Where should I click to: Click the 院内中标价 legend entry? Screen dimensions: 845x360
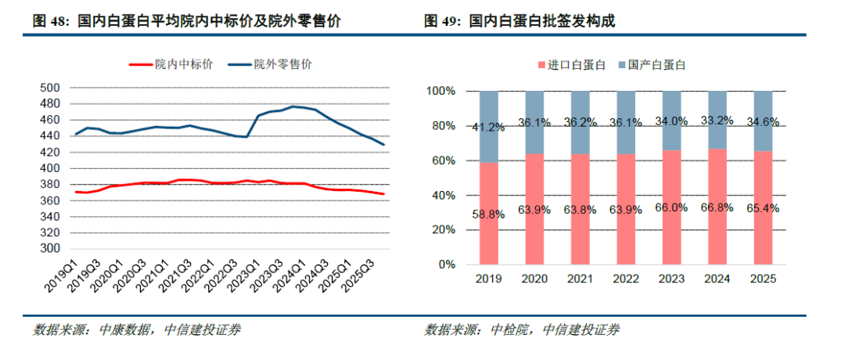click(171, 65)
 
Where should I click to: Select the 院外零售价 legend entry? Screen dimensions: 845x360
click(270, 65)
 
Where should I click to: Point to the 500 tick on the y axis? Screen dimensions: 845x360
click(50, 88)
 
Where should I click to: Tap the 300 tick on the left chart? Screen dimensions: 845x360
click(50, 249)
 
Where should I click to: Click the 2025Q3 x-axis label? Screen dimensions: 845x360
click(368, 275)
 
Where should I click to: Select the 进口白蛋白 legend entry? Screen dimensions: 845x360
click(570, 65)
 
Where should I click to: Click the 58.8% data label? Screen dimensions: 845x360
click(489, 214)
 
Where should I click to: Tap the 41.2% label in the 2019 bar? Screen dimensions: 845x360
click(489, 128)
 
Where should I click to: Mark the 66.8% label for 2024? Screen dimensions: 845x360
click(717, 208)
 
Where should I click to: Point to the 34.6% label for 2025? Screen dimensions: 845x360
click(764, 122)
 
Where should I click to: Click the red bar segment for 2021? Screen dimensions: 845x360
click(581, 209)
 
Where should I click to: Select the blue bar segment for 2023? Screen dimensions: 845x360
click(672, 121)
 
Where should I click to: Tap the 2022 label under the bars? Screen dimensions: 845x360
click(626, 279)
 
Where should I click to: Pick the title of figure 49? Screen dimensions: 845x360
click(520, 21)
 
